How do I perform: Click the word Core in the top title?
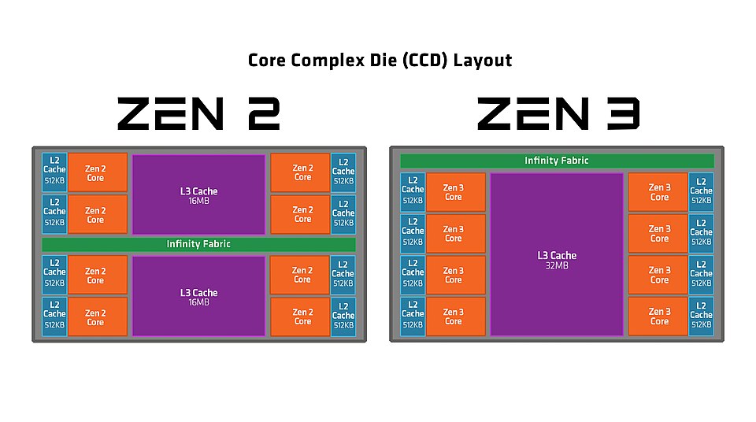coord(267,61)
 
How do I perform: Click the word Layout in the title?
coord(483,61)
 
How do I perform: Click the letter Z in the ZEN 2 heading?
coord(134,114)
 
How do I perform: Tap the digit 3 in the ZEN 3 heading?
coord(624,114)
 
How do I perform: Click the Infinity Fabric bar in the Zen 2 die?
coord(198,244)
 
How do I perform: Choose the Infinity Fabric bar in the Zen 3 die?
coord(557,161)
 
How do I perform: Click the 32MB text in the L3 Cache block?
coord(557,266)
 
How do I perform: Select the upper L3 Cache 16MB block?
coord(198,194)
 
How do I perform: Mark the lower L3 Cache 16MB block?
coord(198,296)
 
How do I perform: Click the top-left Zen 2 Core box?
coord(98,172)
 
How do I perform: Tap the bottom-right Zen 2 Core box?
coord(300,316)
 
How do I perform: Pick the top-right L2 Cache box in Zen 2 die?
coord(343,172)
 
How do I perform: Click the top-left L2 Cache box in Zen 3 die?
coord(413,192)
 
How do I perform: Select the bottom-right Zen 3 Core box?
coord(658,316)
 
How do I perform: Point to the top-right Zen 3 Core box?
coord(658,192)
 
